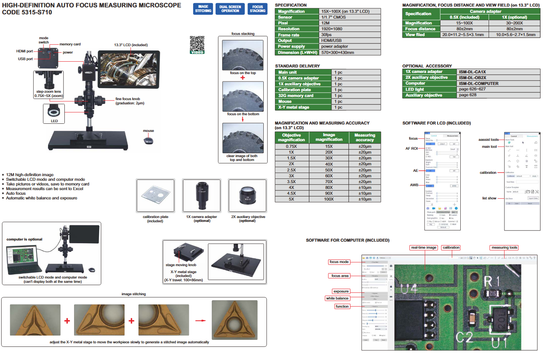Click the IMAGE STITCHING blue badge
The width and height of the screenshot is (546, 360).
click(x=203, y=9)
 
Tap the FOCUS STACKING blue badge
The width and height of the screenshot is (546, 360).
click(x=257, y=9)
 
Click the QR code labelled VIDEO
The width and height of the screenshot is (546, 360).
click(x=197, y=44)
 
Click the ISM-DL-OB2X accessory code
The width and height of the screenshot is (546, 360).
click(x=472, y=78)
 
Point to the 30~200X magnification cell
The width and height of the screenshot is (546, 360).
click(x=514, y=23)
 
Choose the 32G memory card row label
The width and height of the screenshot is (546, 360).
click(x=295, y=95)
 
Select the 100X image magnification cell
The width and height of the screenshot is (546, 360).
click(x=329, y=199)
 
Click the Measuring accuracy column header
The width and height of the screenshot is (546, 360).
click(x=365, y=137)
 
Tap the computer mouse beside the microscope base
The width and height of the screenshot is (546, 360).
click(x=149, y=140)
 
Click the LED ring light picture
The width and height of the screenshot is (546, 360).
click(x=54, y=112)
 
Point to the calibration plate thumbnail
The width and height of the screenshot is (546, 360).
click(x=155, y=196)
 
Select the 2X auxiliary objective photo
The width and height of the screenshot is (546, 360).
click(x=247, y=196)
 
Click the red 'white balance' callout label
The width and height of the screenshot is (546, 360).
click(x=337, y=298)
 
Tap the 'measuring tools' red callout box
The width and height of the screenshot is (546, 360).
click(x=504, y=247)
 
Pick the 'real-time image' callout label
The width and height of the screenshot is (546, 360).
click(x=423, y=247)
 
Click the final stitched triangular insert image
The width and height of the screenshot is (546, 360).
click(x=234, y=320)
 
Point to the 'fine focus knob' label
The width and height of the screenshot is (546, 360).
click(x=128, y=99)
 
